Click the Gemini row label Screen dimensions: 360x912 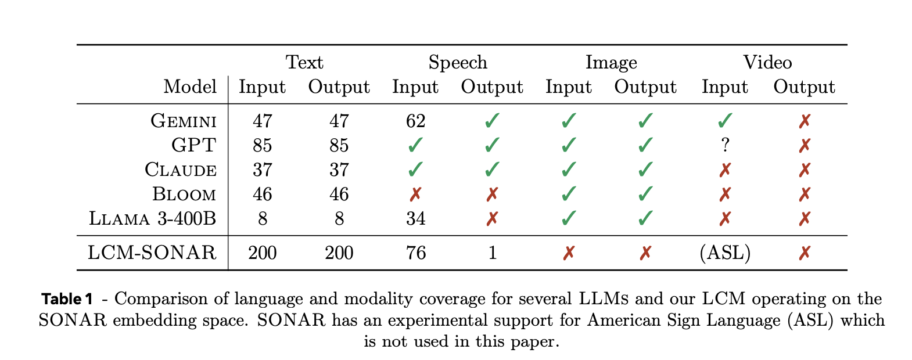point(184,121)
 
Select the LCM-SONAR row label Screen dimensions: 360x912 point(152,253)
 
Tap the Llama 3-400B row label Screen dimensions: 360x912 point(153,219)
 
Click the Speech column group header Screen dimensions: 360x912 point(458,62)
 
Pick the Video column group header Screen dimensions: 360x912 point(767,62)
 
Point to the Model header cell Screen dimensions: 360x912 point(190,87)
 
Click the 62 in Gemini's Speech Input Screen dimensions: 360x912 point(416,121)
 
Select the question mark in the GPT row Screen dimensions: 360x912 point(725,145)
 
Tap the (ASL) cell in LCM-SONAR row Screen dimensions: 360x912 point(726,253)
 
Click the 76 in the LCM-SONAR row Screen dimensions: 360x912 point(416,253)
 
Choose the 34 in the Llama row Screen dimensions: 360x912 point(416,219)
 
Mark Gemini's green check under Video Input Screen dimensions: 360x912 point(725,121)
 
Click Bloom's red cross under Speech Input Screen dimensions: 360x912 point(416,195)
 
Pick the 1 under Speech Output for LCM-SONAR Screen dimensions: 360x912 point(492,253)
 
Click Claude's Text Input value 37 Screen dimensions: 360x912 point(263,170)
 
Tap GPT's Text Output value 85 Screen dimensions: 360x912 point(339,145)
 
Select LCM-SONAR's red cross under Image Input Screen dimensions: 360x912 point(569,253)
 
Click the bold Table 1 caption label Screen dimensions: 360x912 point(67,300)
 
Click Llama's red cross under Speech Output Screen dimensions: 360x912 point(492,219)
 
